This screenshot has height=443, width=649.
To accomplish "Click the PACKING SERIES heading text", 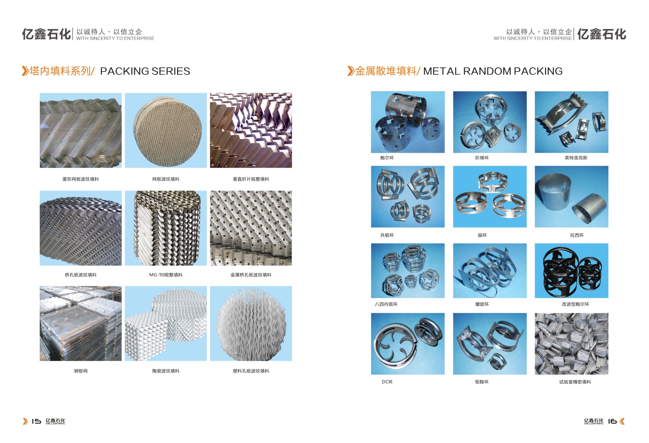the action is [145, 71].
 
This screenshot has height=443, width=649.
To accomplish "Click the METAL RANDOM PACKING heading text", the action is [493, 71].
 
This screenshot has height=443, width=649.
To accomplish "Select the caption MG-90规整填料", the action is [166, 275].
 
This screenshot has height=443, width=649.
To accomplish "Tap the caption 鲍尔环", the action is [387, 158].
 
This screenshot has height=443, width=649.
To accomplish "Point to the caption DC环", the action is [387, 382].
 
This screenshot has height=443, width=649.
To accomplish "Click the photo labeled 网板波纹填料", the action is [166, 130].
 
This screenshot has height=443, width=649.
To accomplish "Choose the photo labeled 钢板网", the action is [81, 323].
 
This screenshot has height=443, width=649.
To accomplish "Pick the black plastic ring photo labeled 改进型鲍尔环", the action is [572, 271].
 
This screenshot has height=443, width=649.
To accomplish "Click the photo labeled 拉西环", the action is [572, 197].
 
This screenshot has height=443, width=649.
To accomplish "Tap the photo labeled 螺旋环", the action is [490, 271].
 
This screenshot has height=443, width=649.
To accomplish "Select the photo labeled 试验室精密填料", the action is [572, 344].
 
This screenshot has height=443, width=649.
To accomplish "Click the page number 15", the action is [36, 421].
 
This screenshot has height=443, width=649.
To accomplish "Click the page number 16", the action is [612, 421].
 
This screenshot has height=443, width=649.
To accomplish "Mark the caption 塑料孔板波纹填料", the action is [251, 371].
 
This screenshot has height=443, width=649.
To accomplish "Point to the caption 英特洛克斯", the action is [576, 158].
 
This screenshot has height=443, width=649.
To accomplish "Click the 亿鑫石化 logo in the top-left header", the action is [46, 34].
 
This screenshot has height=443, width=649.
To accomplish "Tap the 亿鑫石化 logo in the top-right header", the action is [602, 34].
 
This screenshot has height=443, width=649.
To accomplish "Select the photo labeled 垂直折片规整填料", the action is [251, 130].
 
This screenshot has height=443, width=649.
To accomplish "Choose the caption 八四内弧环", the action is [386, 304].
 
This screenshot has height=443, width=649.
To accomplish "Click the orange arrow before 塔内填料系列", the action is [25, 71].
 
